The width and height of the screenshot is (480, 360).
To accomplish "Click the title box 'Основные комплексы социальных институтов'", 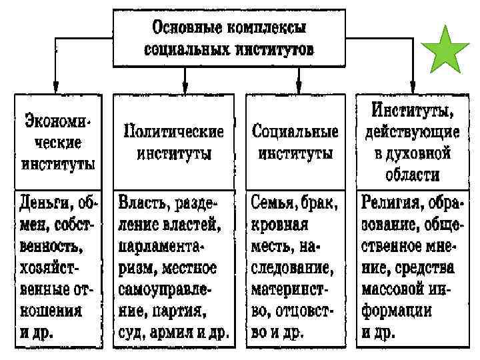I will [231, 39].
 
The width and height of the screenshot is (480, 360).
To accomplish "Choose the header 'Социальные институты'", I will [295, 141].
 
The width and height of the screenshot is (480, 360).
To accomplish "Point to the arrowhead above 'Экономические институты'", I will [55, 87].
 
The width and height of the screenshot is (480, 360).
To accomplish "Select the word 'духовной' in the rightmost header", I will [423, 154].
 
